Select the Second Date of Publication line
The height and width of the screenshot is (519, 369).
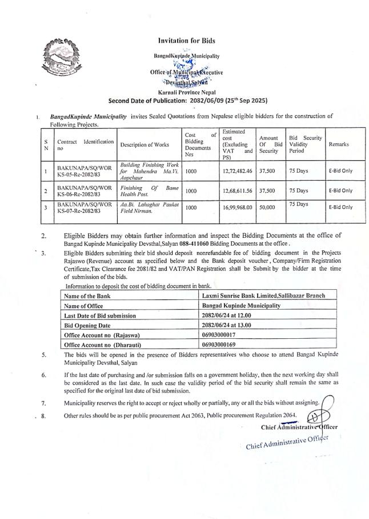point(188,100)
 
